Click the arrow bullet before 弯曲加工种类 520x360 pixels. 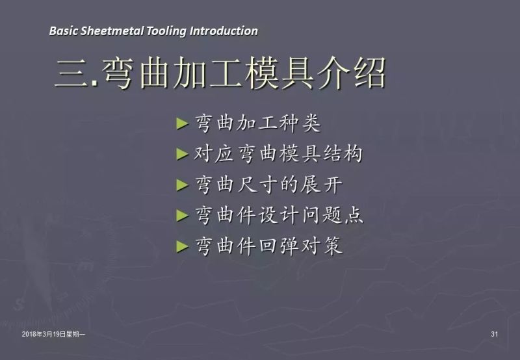[182, 123]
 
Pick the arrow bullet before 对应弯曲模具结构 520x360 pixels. [182, 155]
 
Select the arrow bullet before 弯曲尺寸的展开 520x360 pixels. [182, 185]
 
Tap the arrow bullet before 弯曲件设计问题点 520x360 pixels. [182, 216]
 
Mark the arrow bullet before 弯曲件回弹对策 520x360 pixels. [182, 247]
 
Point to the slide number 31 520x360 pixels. [494, 334]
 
